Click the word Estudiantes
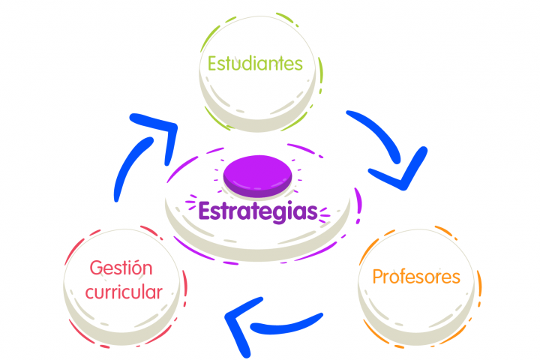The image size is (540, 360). tap(255, 64)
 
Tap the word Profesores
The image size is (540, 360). tap(416, 277)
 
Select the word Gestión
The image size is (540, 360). tap(121, 268)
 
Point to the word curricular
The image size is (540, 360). tap(124, 292)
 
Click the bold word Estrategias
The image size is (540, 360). tap(258, 211)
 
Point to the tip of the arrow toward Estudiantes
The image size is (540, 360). tap(173, 126)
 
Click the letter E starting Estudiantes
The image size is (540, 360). tap(213, 64)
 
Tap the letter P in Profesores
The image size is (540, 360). tap(378, 277)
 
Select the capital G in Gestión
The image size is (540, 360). tap(97, 268)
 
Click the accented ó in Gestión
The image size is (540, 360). tap(138, 268)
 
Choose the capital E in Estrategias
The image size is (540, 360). tap(205, 211)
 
